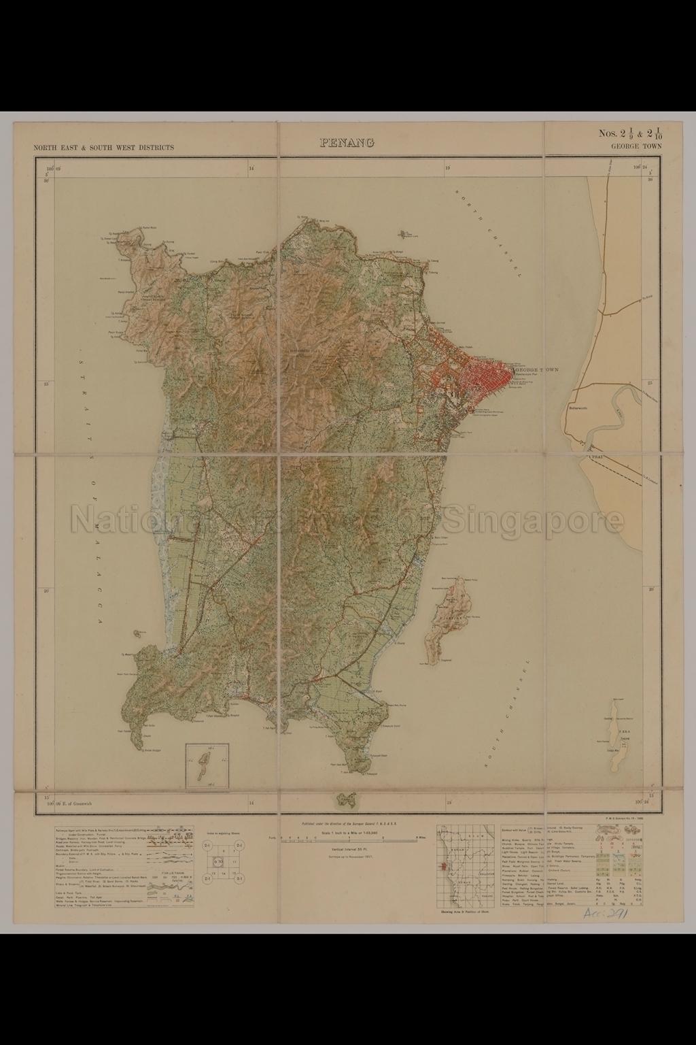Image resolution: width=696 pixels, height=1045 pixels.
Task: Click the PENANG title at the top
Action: (347, 143)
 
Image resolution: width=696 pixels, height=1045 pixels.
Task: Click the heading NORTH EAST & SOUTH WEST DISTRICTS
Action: (103, 147)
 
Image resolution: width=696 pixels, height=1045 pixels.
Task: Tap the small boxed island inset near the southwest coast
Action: (207, 765)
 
